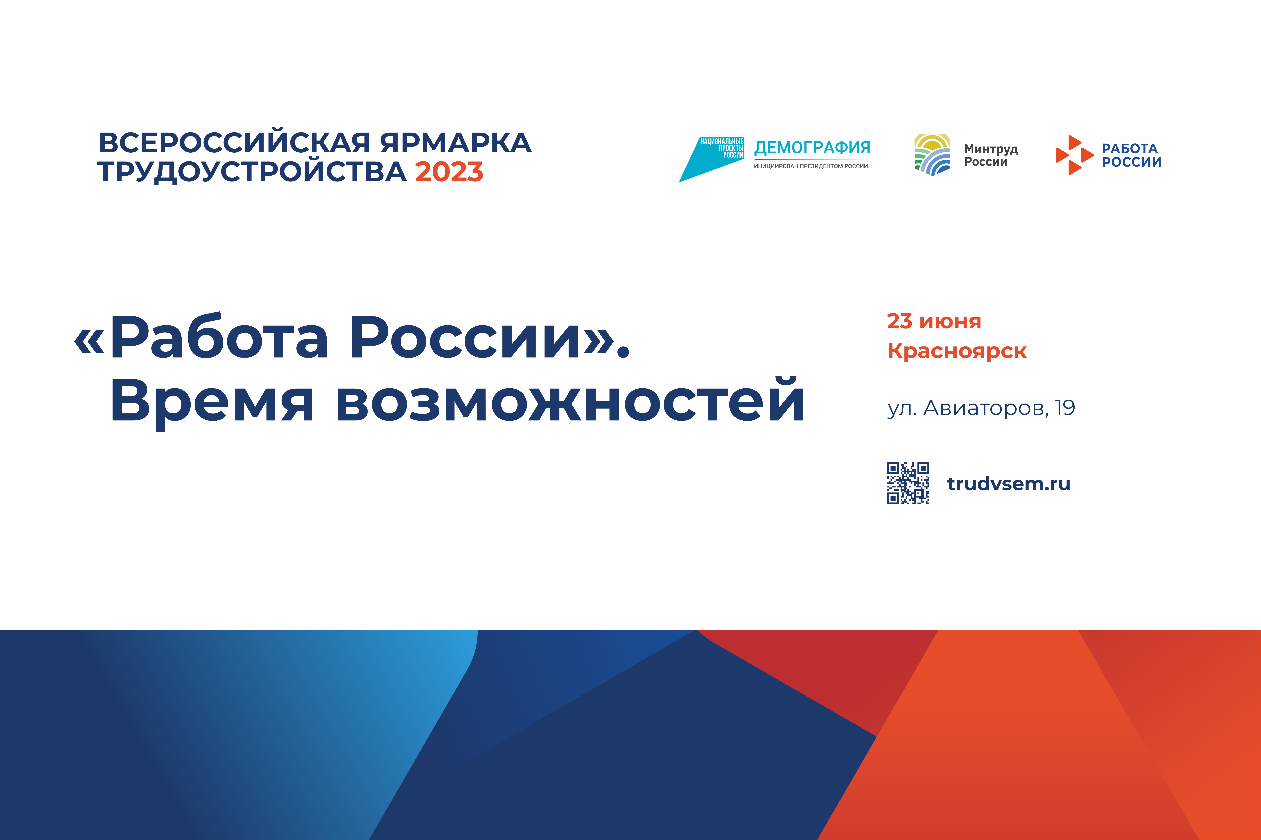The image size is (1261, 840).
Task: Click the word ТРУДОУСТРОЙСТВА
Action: [x=252, y=172]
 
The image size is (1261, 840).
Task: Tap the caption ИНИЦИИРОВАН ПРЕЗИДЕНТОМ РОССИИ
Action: [x=811, y=166]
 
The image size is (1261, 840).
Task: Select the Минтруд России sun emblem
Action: [x=932, y=155]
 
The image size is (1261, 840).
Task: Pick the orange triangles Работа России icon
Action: [x=1074, y=155]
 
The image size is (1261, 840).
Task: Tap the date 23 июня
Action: [x=934, y=321]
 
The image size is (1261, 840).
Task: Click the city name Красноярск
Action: [x=957, y=351]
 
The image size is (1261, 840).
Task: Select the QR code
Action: [x=908, y=483]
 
